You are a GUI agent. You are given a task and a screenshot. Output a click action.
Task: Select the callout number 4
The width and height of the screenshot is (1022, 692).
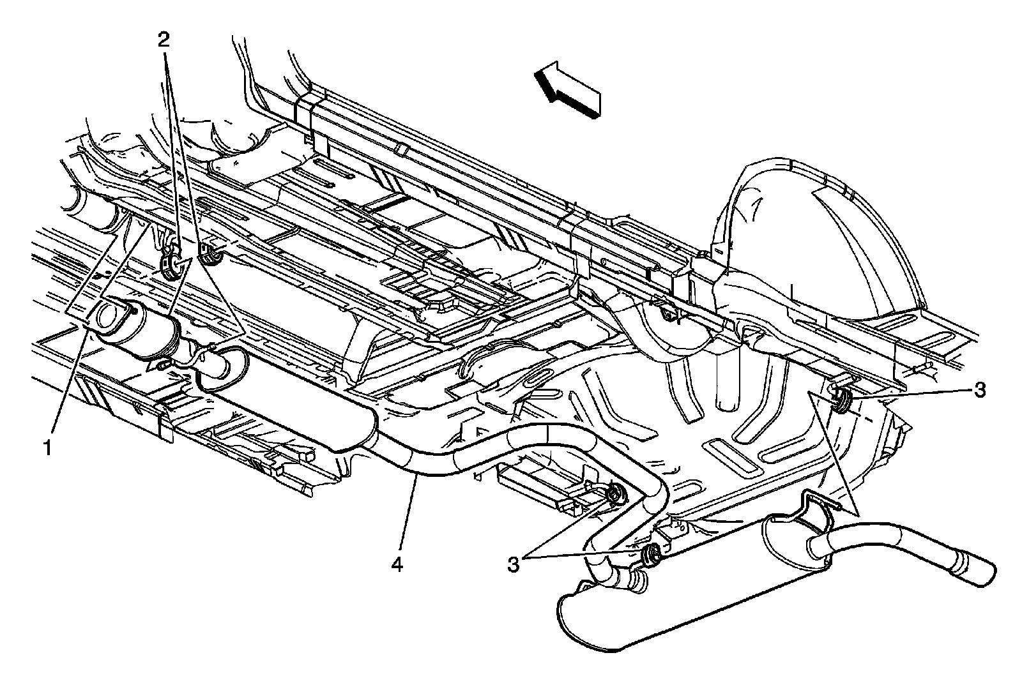pos(397,565)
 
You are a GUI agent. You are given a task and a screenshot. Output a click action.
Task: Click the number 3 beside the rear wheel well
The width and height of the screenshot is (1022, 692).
pos(979,389)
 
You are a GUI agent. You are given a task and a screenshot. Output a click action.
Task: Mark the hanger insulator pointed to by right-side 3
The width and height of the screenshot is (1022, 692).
pos(841,399)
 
